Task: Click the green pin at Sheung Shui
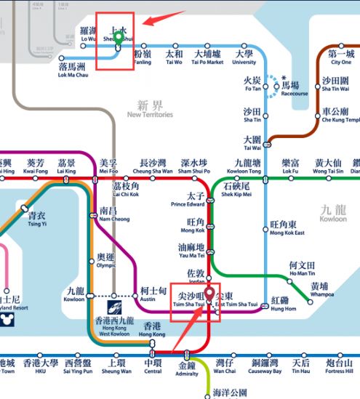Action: pos(118,37)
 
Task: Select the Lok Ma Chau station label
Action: pos(73,70)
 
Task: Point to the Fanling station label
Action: pos(143,58)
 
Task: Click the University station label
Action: pos(244,58)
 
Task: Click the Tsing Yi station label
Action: pos(36,220)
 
